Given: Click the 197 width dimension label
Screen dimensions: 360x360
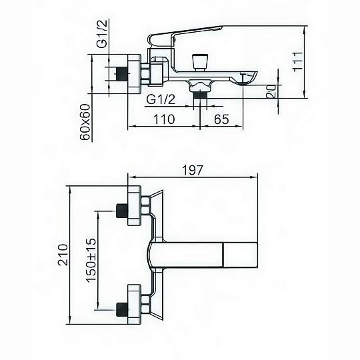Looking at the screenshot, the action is [193, 170].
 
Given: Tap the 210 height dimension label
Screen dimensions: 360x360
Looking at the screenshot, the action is [63, 255].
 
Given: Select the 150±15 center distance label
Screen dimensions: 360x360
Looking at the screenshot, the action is [91, 261].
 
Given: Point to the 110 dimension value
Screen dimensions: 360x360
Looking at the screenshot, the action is [164, 119].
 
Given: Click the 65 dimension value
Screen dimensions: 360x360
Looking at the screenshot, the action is [221, 119].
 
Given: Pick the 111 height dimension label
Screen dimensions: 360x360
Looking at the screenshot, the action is [298, 61].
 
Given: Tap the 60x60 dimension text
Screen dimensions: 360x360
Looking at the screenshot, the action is [85, 122].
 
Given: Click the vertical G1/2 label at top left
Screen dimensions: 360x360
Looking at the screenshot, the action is [102, 34].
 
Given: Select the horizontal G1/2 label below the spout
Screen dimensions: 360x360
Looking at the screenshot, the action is [161, 99].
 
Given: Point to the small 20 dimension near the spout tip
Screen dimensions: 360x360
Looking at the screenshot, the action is [271, 91].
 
